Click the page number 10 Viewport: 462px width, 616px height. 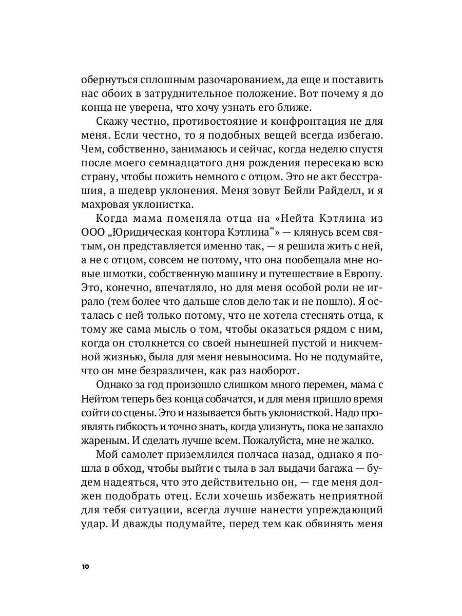tap(85, 567)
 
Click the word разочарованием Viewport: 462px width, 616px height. tap(222, 81)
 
